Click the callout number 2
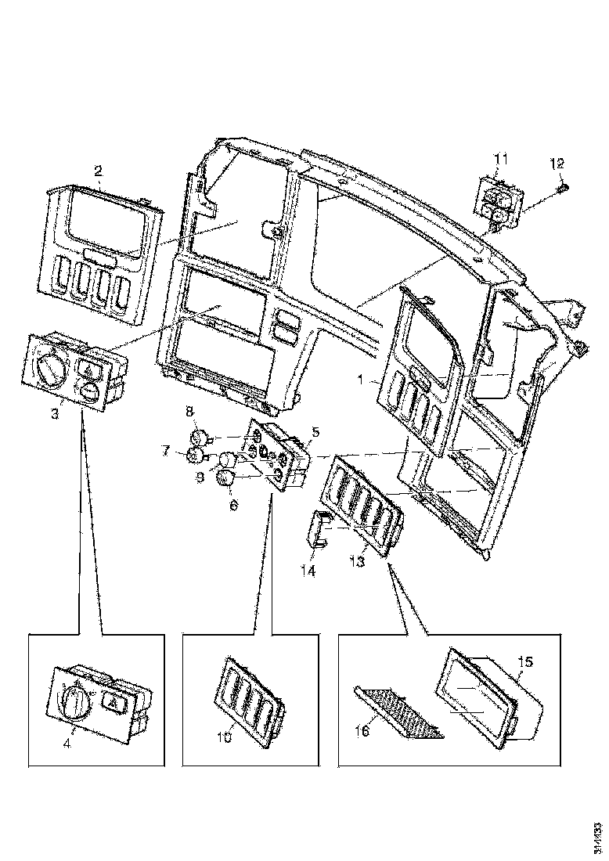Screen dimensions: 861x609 (98, 170)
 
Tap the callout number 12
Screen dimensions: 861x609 (557, 164)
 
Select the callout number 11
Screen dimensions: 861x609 (501, 159)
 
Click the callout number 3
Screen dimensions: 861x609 (55, 413)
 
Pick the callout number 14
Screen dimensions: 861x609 (308, 571)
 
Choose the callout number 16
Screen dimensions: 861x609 (360, 730)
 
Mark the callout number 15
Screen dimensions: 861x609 (525, 661)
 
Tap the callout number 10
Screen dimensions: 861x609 (225, 737)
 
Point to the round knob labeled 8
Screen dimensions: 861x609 (199, 437)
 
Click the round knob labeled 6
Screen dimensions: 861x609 (227, 478)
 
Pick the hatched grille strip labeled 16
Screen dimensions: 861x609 (399, 713)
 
